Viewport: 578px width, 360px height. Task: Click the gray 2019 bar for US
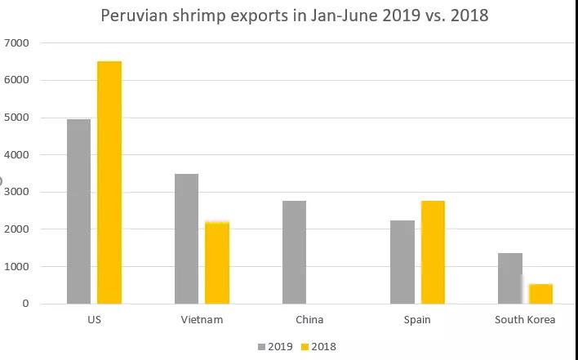(x=78, y=211)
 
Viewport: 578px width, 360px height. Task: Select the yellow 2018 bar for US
(x=109, y=182)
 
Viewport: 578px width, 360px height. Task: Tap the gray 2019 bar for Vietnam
(x=186, y=238)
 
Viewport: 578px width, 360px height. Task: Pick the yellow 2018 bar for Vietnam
(x=217, y=262)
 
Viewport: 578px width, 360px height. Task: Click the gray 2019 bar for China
(x=294, y=252)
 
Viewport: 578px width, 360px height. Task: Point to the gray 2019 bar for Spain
(x=402, y=262)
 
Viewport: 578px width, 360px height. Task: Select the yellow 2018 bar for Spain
(x=433, y=252)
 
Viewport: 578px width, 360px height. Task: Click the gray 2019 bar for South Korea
(x=510, y=278)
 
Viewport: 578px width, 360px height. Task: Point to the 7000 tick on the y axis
(x=16, y=42)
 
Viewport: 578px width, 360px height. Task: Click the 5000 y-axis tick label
(x=16, y=118)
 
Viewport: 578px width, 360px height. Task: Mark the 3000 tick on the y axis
(x=16, y=192)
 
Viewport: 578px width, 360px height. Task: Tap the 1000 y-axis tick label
(x=16, y=267)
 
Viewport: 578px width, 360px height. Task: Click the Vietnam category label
(x=202, y=320)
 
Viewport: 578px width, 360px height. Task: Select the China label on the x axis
(x=309, y=320)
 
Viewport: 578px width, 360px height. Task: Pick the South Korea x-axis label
(x=525, y=320)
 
